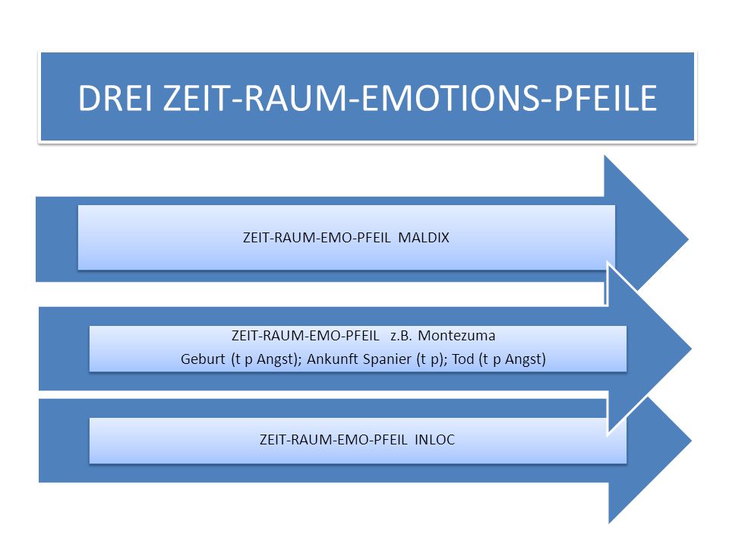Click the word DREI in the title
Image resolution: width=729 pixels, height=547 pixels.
(x=115, y=98)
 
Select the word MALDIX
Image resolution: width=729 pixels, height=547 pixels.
(x=424, y=238)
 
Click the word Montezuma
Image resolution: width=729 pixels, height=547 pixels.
(x=456, y=335)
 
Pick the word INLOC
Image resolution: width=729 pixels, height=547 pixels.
(x=434, y=440)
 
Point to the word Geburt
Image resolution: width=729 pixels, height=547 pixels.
(x=203, y=359)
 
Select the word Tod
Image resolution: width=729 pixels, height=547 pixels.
(x=462, y=359)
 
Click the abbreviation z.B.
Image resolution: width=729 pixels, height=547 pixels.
(x=401, y=335)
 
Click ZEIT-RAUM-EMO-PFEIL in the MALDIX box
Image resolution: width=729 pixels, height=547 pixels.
(x=317, y=238)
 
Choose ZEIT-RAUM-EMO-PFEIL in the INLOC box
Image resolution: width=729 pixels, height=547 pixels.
(x=333, y=440)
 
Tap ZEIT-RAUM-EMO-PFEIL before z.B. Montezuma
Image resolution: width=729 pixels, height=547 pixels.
(x=305, y=335)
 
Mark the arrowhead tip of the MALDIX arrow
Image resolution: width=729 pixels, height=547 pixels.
(x=688, y=239)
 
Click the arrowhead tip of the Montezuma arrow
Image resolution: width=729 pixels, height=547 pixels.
(x=691, y=348)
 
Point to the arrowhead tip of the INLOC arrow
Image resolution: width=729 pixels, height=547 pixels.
(x=691, y=440)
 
